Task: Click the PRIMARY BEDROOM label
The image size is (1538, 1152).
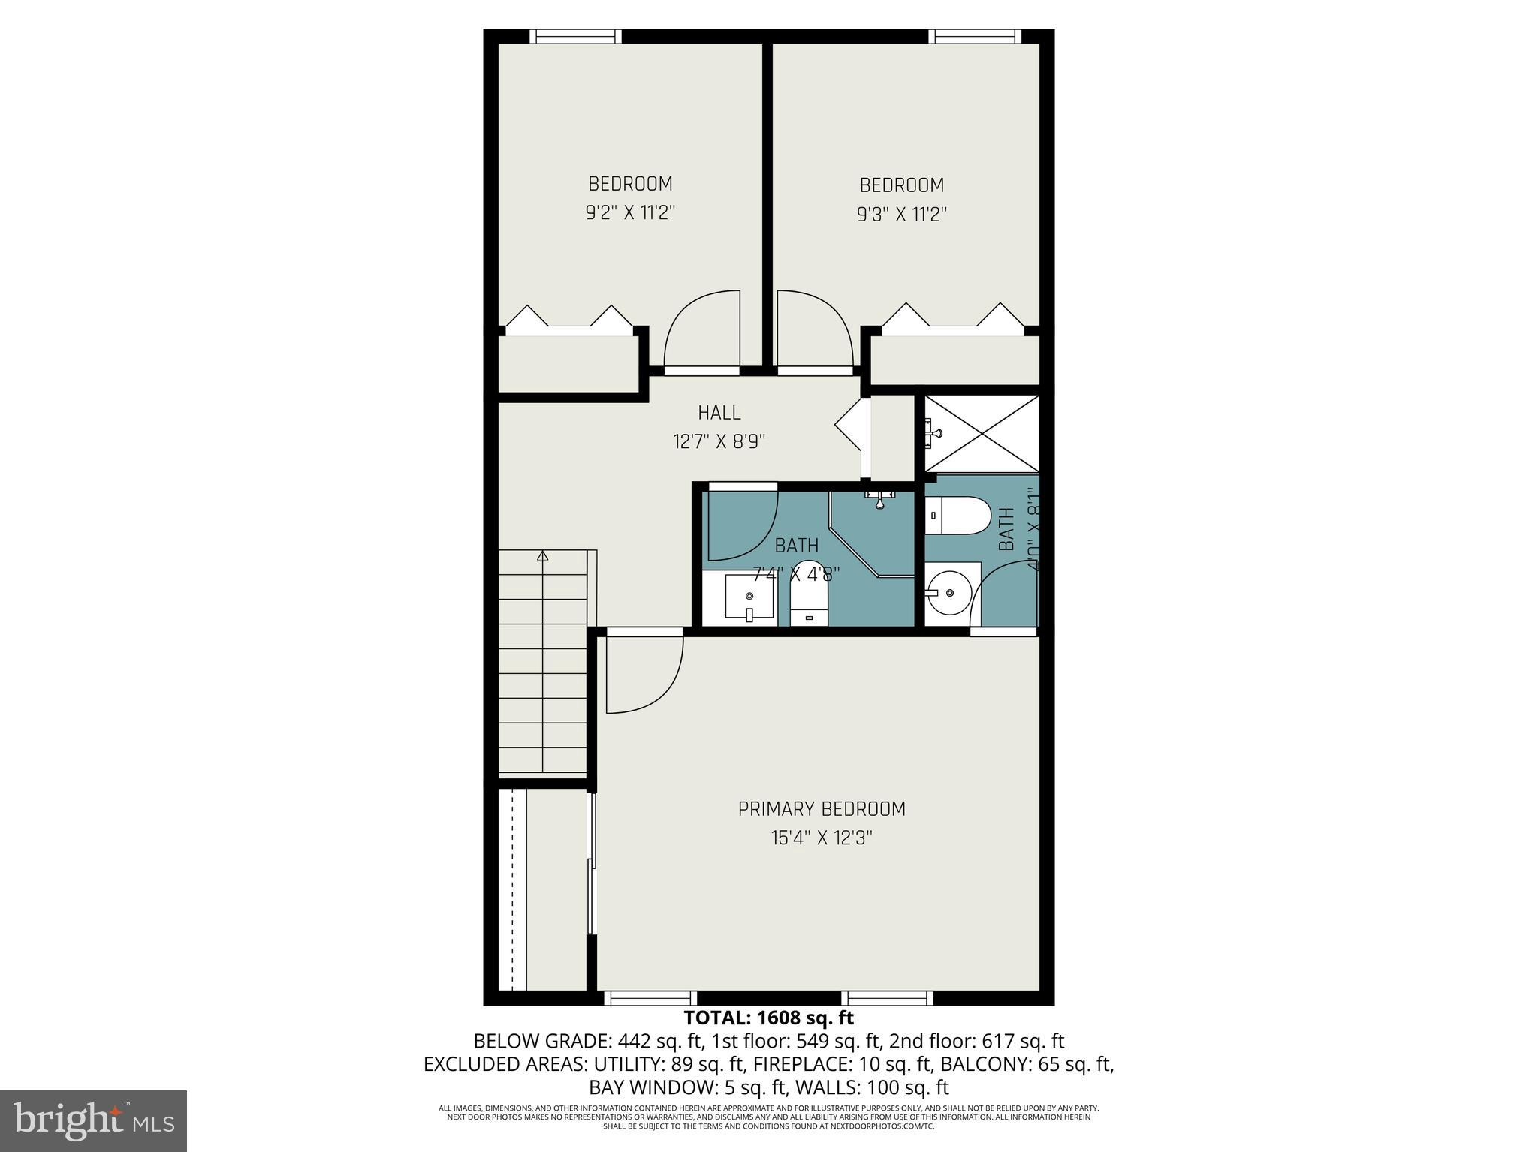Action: pos(822,809)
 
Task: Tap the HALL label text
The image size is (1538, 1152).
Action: pos(719,413)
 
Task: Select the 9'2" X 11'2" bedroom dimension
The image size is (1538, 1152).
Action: pos(630,213)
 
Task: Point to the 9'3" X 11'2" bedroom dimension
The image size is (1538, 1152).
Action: pos(901,215)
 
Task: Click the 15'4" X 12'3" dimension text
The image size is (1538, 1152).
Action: pos(822,838)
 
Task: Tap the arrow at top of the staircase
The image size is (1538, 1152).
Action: pos(542,556)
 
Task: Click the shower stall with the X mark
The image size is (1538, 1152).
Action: pos(982,434)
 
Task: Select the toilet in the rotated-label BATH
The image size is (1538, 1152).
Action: pos(957,516)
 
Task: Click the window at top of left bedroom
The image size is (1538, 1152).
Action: pos(575,36)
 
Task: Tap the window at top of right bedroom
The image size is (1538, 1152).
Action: pos(974,36)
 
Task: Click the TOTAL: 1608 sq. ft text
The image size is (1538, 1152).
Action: pos(768,1018)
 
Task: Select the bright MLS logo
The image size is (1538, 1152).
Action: pos(93,1121)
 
